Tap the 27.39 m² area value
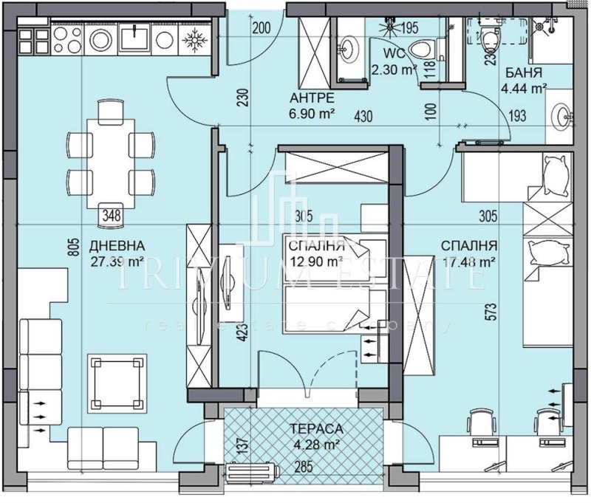pos(115,261)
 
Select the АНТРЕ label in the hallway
pos(312,98)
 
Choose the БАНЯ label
pos(525,74)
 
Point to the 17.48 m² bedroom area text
pos(468,261)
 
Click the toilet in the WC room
pos(420,50)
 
